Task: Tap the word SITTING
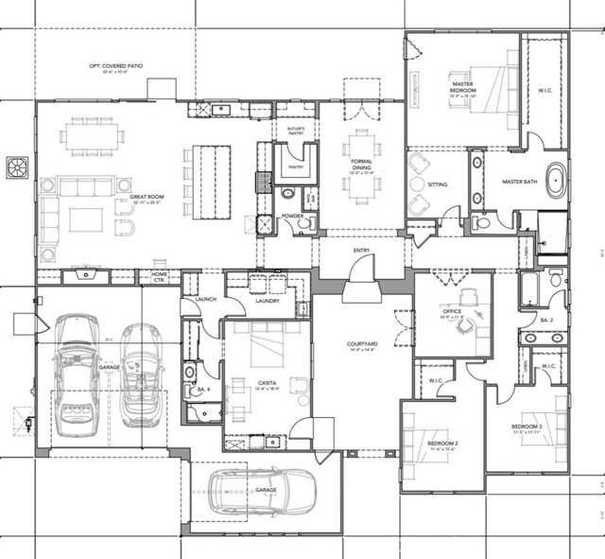[438, 184]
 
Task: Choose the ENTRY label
[362, 250]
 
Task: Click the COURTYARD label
[362, 344]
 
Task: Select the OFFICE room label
[452, 311]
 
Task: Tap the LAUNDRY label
[268, 301]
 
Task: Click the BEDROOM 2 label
[442, 443]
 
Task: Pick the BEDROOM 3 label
[527, 428]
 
